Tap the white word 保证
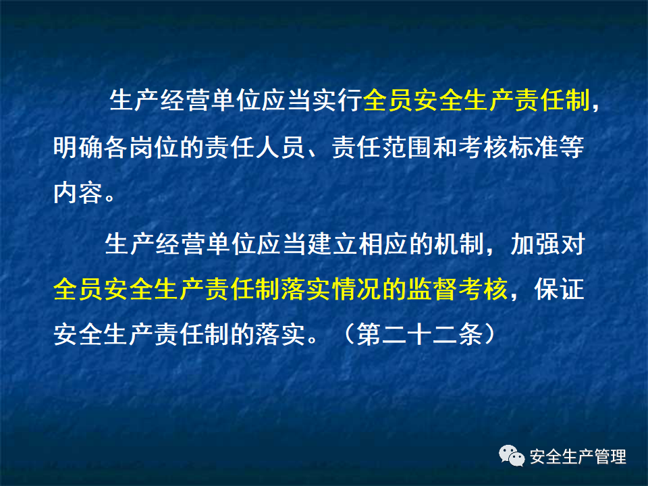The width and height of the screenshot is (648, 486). click(553, 290)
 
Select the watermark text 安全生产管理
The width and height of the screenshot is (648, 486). click(578, 457)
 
